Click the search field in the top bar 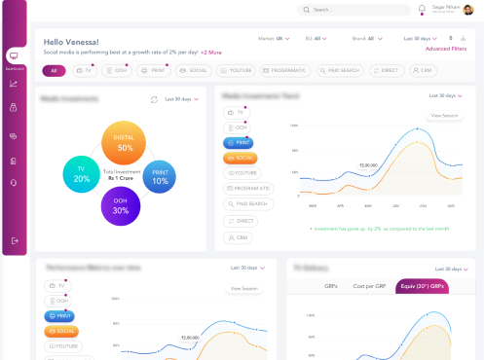[355, 10]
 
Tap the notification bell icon [422, 10]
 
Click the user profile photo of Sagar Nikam [469, 10]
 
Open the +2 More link [211, 53]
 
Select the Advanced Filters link [445, 48]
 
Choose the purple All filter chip [54, 71]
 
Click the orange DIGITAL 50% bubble [125, 143]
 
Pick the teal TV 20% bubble [82, 173]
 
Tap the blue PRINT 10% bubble [160, 176]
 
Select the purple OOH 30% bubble [120, 205]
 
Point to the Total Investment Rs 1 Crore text [121, 174]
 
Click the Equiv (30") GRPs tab [422, 286]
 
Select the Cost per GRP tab [371, 286]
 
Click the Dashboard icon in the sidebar [14, 57]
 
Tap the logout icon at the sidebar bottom [14, 240]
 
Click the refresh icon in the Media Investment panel [154, 99]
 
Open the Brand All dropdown [364, 39]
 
